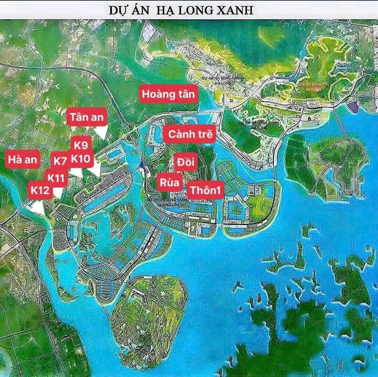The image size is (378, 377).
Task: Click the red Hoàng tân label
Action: click(169, 94)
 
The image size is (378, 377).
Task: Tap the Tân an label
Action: click(86, 117)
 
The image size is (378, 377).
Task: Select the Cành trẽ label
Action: click(190, 134)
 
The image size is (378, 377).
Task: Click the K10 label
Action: click(82, 158)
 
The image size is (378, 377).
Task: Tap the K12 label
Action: click(40, 190)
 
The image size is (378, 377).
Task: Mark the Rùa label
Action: click(170, 183)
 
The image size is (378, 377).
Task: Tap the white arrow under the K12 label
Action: click(38, 207)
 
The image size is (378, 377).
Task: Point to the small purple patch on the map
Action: click(354, 107)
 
